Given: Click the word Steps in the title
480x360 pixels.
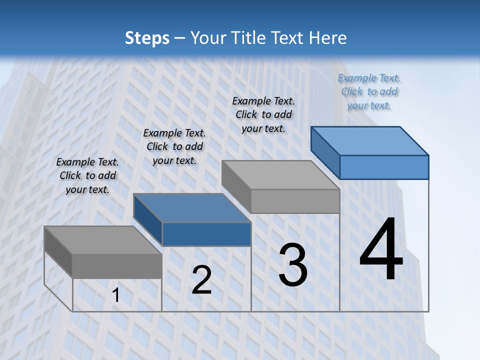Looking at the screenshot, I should pos(147,38).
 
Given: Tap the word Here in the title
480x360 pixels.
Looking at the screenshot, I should pos(328,38).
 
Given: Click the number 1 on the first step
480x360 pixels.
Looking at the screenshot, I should pos(116,295).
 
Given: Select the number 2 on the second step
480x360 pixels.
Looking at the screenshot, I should pos(201,280).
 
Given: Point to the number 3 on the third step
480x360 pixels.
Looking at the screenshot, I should pos(293,265).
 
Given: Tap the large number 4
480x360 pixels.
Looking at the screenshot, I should pos(381,249).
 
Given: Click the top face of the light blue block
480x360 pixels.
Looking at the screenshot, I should pos(370,140).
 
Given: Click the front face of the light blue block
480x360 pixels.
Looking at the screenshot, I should pos(384,167).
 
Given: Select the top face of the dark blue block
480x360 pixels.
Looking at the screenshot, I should pos(192,208).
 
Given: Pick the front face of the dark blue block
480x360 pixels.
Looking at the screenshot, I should pos(206,234).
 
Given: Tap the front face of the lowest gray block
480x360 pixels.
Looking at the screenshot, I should pos(117,266).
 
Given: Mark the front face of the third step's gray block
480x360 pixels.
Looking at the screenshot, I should pos(295,201).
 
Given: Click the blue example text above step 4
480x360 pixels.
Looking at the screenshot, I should pos(369,91).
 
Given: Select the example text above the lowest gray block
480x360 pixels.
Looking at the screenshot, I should pos(87,175).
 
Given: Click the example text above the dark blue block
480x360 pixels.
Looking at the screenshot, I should pos(174,146).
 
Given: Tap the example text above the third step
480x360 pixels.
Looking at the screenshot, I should pos(263,114).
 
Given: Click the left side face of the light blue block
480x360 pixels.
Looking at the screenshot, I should pos(325,152).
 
